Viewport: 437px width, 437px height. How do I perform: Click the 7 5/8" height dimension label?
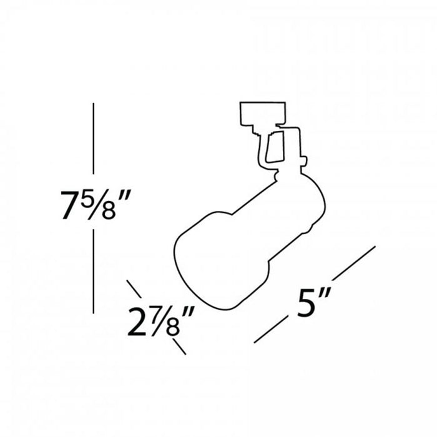point(94,202)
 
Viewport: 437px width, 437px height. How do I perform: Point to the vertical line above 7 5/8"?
point(93,138)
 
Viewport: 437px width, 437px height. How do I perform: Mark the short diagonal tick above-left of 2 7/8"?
point(134,289)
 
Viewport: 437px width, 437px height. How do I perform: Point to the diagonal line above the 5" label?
point(353,263)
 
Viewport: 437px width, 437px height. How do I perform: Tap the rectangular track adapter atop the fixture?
point(263,112)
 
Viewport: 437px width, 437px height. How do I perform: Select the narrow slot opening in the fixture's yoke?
point(274,148)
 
